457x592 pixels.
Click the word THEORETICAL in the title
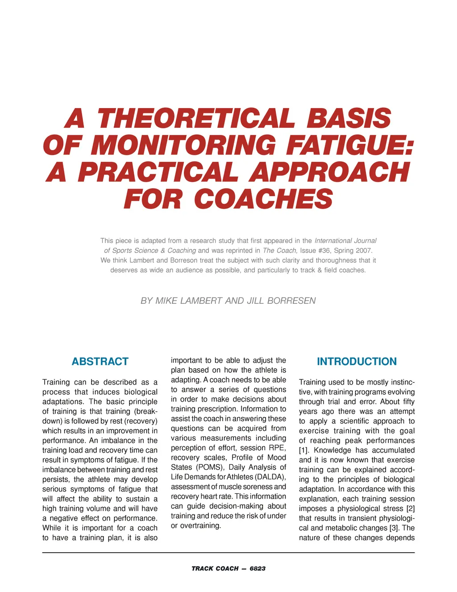[196, 119]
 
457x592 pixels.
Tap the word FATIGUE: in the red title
[350, 146]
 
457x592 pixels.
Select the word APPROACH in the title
[329, 172]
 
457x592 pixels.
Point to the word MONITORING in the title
[186, 146]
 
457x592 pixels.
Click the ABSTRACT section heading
[100, 361]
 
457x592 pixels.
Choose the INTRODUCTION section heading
[357, 361]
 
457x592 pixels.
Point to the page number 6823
[258, 568]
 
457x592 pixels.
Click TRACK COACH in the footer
[215, 568]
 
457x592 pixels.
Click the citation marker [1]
[304, 450]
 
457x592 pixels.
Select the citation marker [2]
[410, 509]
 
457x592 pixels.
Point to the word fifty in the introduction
[408, 402]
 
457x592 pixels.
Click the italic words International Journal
[345, 241]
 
